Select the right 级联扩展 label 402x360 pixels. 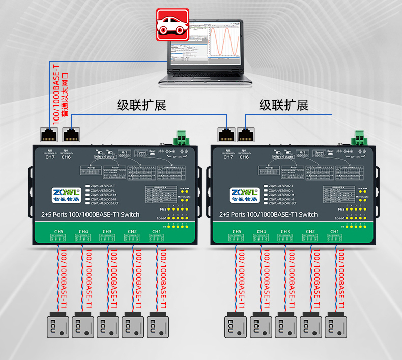pyautogui.click(x=283, y=106)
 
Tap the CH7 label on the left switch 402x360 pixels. pyautogui.click(x=50, y=157)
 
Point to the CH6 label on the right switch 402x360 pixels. pyautogui.click(x=244, y=157)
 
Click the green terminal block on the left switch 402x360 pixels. pyautogui.click(x=181, y=138)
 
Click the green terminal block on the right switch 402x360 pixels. pyautogui.click(x=359, y=138)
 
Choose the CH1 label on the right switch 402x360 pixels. pyautogui.click(x=335, y=232)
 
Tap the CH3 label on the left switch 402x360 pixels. pyautogui.click(x=107, y=232)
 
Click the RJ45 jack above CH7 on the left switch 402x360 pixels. pyautogui.click(x=50, y=134)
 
